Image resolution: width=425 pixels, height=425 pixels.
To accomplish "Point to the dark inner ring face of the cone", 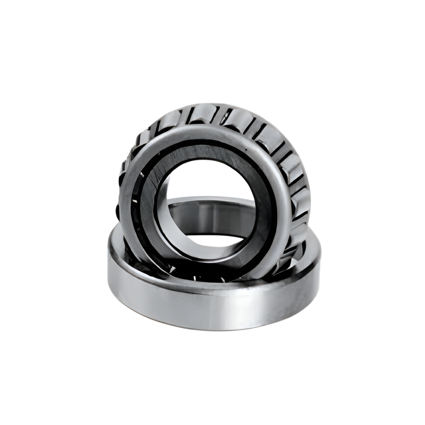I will point(197,155).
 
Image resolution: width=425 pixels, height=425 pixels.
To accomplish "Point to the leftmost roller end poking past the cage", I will point(118,211).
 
